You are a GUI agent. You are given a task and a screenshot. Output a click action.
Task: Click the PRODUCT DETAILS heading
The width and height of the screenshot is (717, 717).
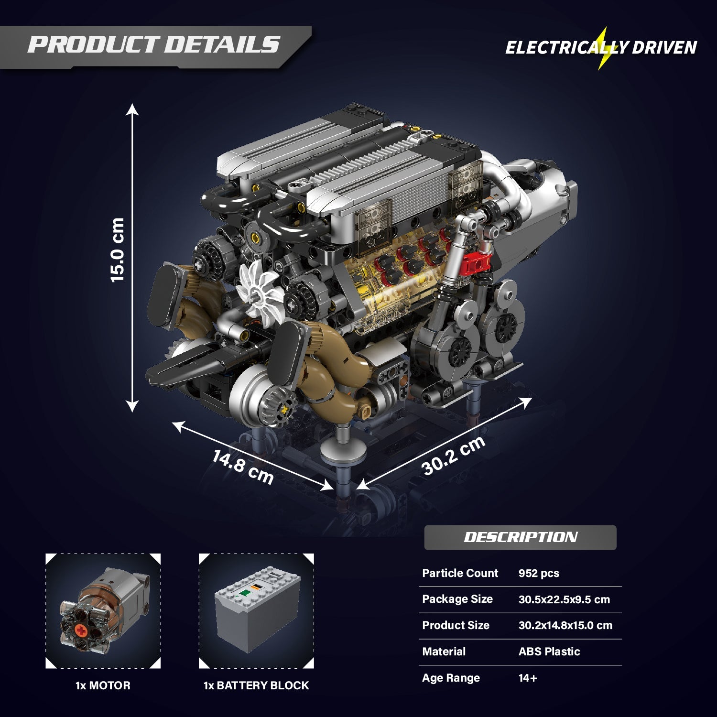(153, 44)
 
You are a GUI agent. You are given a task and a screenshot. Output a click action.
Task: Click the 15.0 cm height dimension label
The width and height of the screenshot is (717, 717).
(117, 250)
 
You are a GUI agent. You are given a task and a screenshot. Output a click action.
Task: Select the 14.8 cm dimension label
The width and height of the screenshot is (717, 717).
(243, 467)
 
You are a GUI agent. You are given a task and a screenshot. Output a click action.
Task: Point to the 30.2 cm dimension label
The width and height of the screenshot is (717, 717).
(453, 456)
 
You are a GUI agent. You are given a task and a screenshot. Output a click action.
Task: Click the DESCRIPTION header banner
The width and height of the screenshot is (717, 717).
(520, 537)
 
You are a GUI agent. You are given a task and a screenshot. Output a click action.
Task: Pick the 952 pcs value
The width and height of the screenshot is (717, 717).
(539, 573)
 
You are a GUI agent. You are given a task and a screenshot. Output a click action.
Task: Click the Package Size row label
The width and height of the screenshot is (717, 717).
(457, 599)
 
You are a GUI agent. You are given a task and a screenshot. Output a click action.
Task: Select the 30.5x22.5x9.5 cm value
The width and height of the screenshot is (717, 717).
(564, 599)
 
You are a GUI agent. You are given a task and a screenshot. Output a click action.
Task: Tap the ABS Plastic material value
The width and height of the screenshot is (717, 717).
(549, 652)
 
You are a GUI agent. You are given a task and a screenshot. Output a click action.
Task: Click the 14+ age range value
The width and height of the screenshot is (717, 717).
(528, 678)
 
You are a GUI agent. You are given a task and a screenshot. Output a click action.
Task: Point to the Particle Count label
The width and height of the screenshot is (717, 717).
(460, 573)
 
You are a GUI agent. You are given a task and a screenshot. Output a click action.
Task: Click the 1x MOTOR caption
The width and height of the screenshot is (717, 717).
(103, 685)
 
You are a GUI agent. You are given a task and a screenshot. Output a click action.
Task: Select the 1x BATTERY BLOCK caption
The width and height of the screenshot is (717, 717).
(256, 685)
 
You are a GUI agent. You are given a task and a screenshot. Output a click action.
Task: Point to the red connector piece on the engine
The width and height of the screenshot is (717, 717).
(477, 262)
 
